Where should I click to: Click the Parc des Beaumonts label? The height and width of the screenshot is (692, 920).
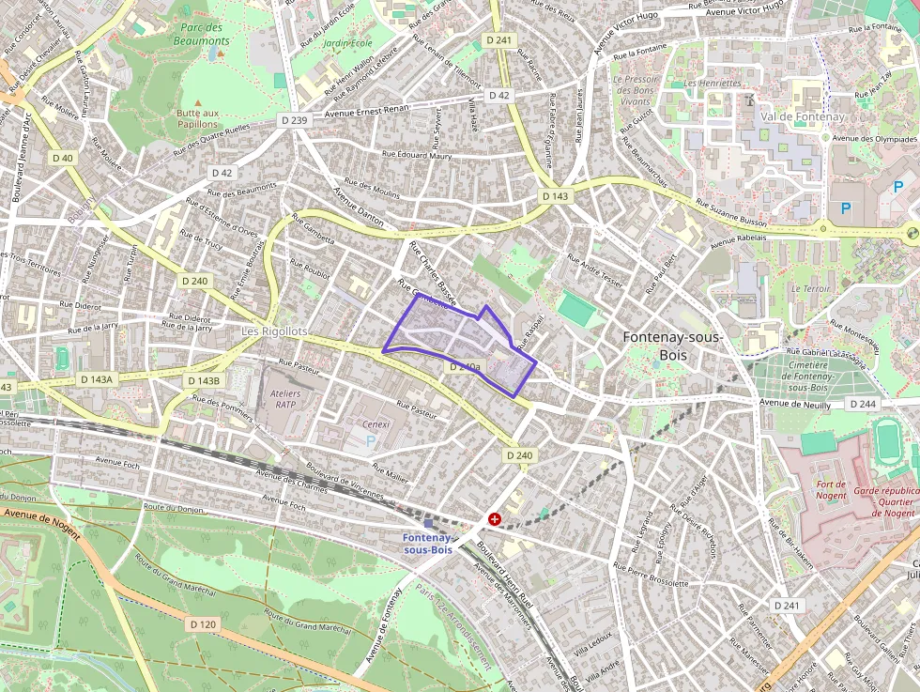coord(202,35)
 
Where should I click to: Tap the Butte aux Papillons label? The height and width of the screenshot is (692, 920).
coord(197,118)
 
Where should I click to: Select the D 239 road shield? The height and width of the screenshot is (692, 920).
coord(294,120)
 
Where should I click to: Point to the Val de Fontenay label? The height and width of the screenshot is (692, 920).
coord(803,116)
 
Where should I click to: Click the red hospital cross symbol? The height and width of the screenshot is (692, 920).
coord(495,518)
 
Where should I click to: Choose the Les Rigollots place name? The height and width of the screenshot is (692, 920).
coord(274,331)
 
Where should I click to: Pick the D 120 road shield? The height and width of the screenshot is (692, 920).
coord(203,623)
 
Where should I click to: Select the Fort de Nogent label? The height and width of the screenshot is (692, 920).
coord(831,490)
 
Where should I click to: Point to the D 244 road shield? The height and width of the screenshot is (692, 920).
coord(863,403)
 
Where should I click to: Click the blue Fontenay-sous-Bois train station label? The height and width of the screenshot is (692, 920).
coord(427,543)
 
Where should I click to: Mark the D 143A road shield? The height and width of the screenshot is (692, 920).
coord(96,379)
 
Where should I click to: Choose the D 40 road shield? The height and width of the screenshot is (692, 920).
coord(63,158)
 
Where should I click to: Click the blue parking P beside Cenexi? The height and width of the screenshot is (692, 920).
coord(370,439)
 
